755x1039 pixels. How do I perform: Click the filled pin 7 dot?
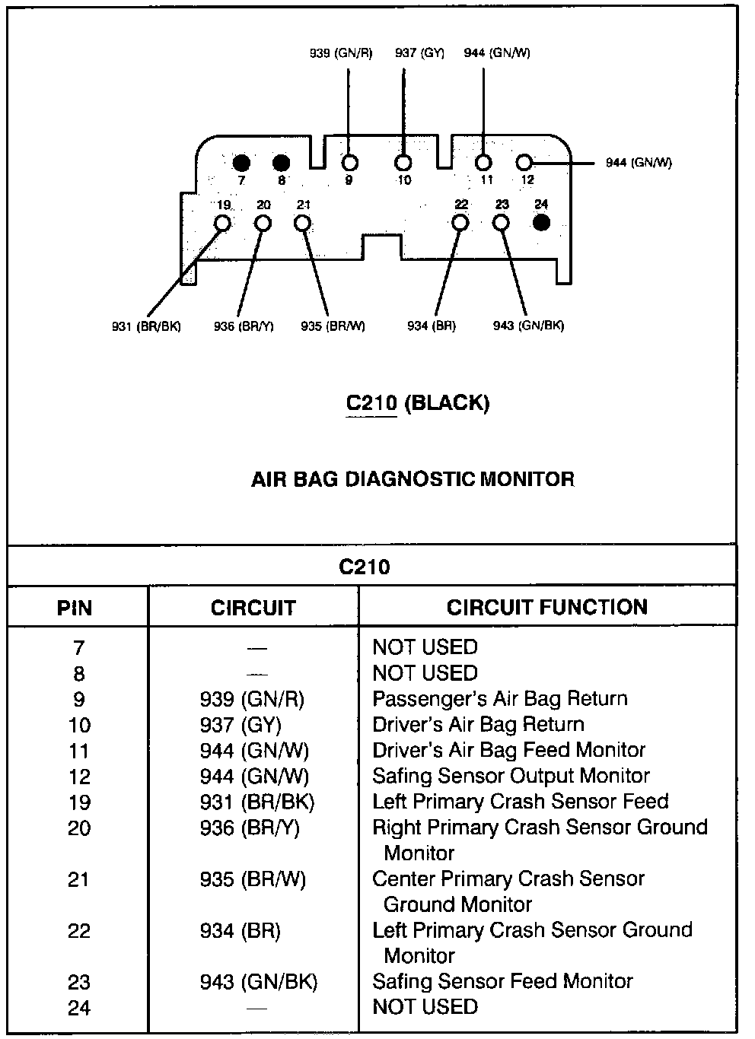point(241,162)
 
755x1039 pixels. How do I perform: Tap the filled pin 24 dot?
point(541,222)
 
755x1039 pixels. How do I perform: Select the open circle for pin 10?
point(403,162)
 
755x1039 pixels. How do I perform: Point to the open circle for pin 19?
point(223,223)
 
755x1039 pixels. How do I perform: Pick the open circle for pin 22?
point(460,222)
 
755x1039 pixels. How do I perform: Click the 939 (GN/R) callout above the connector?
point(340,53)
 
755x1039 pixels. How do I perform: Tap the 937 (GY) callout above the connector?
point(419,53)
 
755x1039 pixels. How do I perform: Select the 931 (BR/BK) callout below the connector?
point(146,326)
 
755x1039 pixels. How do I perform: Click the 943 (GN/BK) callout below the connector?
point(528,326)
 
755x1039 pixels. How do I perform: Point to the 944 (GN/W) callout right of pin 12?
point(639,163)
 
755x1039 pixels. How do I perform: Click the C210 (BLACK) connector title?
point(418,402)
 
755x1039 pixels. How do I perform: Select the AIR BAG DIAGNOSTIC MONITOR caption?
point(413,479)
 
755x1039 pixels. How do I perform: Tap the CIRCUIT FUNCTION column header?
point(546,607)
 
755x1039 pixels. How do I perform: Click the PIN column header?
point(75,608)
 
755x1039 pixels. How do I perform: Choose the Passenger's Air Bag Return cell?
point(499,699)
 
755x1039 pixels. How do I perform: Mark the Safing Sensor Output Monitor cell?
point(511,777)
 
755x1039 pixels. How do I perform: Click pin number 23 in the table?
point(78,982)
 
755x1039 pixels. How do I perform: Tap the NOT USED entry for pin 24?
point(425,1007)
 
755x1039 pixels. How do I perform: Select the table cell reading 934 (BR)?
point(240,931)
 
